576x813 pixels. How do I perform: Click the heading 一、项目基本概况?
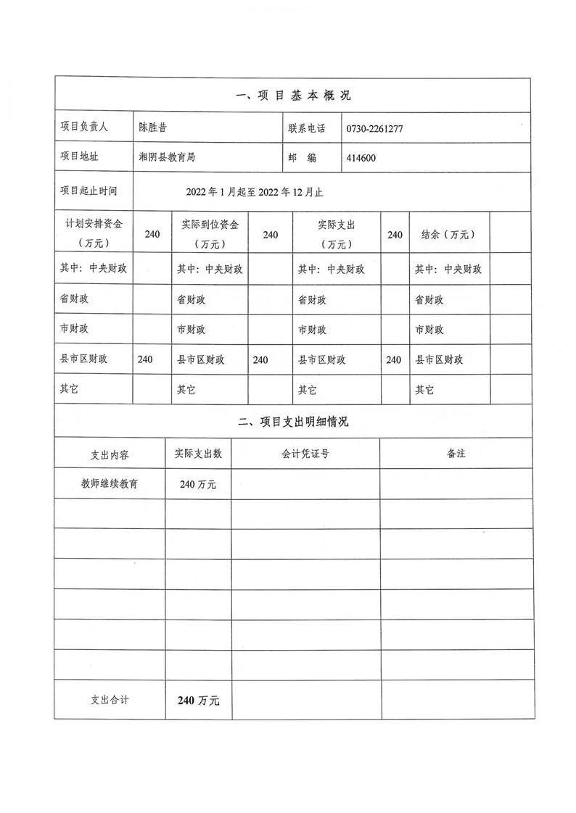(294, 96)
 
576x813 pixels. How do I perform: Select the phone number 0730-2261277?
(375, 128)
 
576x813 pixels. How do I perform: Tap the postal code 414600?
(361, 157)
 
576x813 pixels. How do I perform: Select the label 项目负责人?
(84, 128)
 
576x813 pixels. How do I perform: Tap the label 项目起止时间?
(89, 191)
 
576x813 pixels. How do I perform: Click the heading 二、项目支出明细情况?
(294, 422)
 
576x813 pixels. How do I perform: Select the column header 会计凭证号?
(305, 454)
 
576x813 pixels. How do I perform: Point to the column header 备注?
(456, 454)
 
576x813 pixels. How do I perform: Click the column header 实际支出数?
(198, 454)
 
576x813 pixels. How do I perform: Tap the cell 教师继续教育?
(110, 483)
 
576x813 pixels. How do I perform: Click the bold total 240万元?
(198, 700)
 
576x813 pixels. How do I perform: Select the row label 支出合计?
(110, 699)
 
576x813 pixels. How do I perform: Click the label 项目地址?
(79, 157)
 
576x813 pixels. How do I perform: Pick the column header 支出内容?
(110, 454)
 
